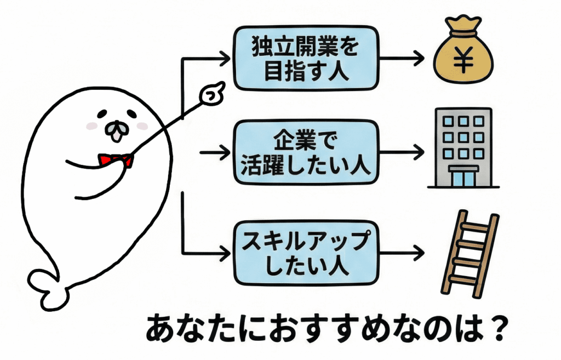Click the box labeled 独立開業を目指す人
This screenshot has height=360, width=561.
tap(306, 58)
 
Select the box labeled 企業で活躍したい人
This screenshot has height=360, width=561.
tap(305, 153)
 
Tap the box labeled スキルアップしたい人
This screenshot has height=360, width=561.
tap(306, 252)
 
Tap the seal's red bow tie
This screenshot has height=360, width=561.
tap(116, 159)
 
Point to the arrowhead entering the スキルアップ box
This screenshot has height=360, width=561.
tap(224, 253)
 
